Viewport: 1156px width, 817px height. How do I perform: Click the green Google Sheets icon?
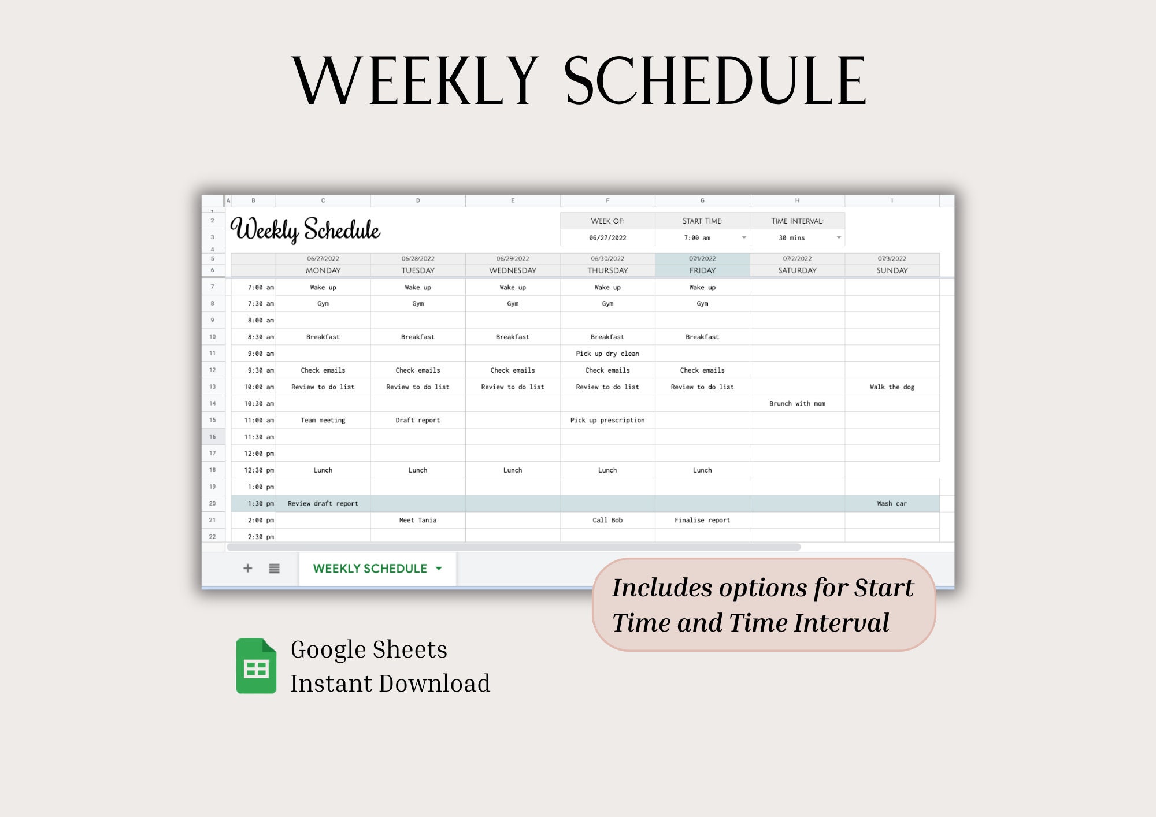coord(256,666)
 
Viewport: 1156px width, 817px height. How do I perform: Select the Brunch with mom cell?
coord(797,403)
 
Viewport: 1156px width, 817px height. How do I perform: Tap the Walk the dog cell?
coord(892,387)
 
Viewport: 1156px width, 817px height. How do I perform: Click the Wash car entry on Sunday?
coord(892,503)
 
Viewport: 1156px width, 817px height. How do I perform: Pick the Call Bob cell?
coord(607,520)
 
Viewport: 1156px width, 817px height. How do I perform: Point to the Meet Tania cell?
coord(418,520)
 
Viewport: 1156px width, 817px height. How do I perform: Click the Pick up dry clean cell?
coord(607,353)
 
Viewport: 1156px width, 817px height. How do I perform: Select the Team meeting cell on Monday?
coord(323,420)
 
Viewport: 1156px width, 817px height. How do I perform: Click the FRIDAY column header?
coord(702,270)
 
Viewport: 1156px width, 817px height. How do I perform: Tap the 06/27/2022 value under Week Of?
coord(607,237)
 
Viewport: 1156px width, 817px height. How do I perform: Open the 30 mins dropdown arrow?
coord(839,237)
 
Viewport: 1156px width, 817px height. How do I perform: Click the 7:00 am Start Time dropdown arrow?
coord(744,237)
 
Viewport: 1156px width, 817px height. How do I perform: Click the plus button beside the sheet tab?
coord(248,568)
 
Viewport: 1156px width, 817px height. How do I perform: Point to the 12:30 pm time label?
coord(258,470)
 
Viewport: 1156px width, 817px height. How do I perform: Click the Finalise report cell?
coord(702,520)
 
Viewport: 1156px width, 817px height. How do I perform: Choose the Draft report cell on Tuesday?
coord(418,420)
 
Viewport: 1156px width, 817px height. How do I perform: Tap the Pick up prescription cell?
coord(607,420)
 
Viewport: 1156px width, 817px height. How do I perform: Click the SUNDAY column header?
coord(892,270)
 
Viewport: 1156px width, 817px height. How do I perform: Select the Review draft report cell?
coord(323,503)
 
